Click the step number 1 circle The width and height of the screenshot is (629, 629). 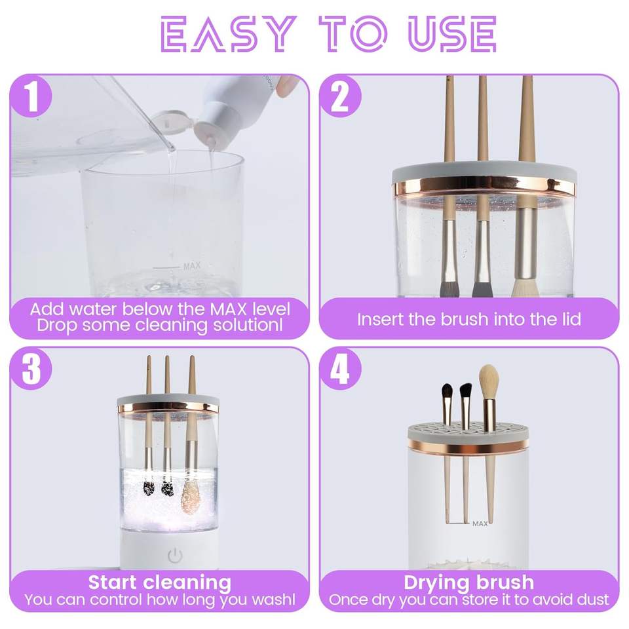pos(31,97)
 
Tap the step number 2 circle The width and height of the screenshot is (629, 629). pos(340,97)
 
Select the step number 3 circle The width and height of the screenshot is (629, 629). pos(31,369)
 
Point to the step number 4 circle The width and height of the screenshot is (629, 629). pos(340,369)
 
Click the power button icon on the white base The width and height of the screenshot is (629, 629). pos(175,556)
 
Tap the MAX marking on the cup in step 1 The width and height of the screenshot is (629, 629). pos(191,266)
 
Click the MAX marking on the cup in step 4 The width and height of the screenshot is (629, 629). pos(480,524)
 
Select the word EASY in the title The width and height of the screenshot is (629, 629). pos(226,33)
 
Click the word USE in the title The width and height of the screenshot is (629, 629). pos(452,33)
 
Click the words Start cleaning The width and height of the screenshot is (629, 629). pos(160,582)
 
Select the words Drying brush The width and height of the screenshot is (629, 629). pos(468,582)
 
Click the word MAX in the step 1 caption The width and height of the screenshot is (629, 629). pos(228,310)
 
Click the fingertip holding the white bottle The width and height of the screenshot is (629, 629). pos(286,86)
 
